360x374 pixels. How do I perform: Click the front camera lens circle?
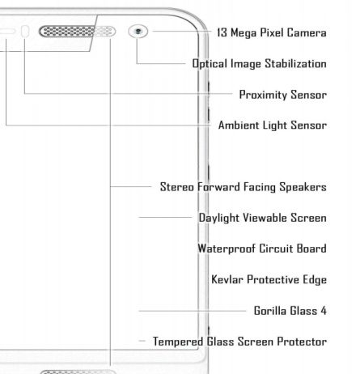click(138, 32)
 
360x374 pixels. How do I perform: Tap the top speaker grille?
click(77, 32)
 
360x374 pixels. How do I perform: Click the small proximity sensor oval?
click(25, 32)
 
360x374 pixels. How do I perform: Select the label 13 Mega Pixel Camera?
click(272, 32)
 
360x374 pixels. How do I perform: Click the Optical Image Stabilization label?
click(259, 64)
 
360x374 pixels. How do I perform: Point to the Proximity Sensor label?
click(283, 95)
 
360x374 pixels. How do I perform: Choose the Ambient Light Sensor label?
click(273, 125)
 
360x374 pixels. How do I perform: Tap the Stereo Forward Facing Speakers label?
click(244, 187)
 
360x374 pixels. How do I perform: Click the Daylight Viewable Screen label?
click(263, 218)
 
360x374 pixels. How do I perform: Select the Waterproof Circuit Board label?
click(262, 249)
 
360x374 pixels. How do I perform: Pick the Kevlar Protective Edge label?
click(269, 279)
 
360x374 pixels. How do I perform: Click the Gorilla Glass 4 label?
click(290, 311)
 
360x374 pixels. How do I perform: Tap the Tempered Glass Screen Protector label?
click(239, 342)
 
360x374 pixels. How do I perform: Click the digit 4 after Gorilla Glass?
click(324, 311)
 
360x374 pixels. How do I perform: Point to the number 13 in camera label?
click(222, 32)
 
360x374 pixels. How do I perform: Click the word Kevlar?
click(227, 279)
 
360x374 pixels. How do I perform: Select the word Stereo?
click(177, 187)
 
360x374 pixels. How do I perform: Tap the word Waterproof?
click(227, 249)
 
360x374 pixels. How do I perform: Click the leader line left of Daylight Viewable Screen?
click(165, 217)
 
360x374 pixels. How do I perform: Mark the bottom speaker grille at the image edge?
click(78, 372)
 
